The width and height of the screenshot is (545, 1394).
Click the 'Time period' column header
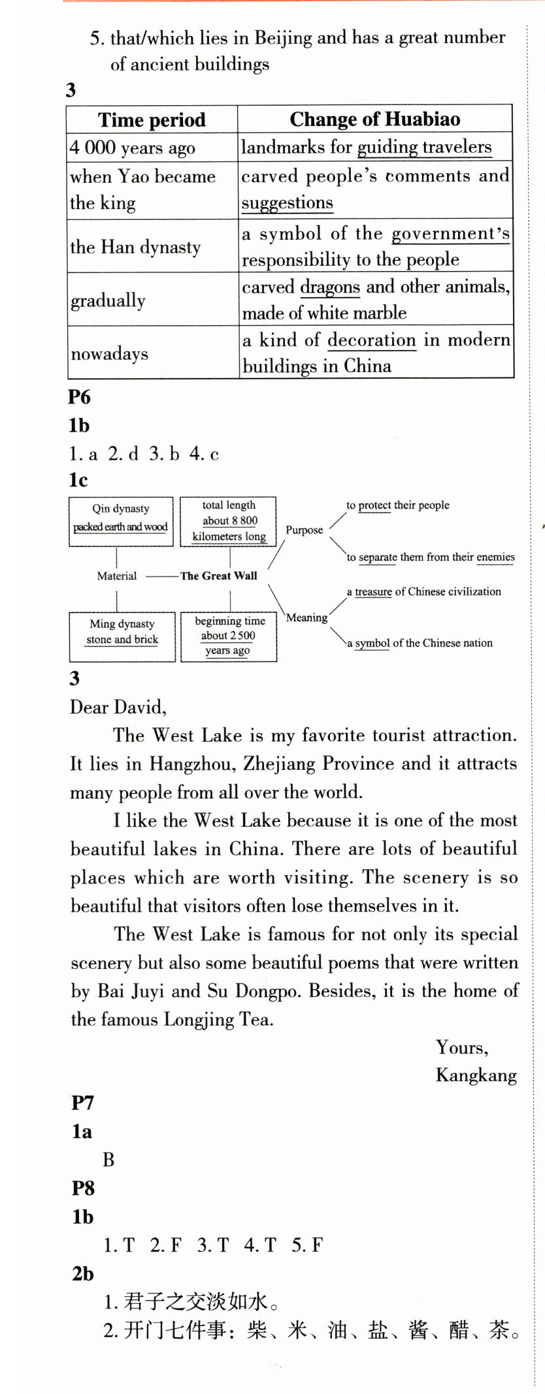coord(152,120)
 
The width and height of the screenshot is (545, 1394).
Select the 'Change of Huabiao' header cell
coord(374,119)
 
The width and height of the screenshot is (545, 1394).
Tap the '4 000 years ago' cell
coord(133,148)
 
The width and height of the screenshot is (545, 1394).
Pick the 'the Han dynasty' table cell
coord(135,247)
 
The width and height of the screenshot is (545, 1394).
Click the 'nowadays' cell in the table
coord(110,353)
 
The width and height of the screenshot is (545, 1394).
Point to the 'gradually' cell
coord(108,300)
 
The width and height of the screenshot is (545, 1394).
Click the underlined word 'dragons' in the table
coord(330,287)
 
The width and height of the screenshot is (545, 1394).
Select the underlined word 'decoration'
coord(371,340)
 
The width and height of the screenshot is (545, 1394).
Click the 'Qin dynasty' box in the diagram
coord(121,521)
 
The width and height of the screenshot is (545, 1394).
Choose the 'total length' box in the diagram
coord(229,521)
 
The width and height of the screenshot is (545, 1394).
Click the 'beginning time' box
coord(229,636)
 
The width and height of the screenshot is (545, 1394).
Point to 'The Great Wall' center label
coord(219,576)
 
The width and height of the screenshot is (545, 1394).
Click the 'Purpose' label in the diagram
coord(304,530)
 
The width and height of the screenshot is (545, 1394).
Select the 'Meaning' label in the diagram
coord(306,618)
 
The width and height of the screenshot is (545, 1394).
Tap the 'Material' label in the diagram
coord(117,576)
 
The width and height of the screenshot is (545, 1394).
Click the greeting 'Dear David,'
coord(118,707)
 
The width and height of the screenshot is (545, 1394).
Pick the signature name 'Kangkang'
coord(476,1075)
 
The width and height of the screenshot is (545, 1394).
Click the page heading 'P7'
coord(83,1103)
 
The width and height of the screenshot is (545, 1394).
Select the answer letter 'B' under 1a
coord(108,1160)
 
